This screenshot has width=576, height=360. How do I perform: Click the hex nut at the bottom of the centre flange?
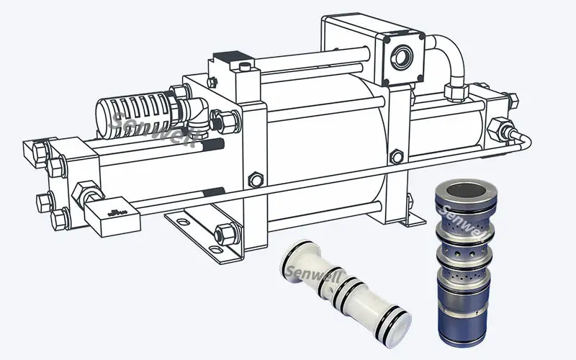226,233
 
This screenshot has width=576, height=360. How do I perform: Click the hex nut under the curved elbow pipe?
455,91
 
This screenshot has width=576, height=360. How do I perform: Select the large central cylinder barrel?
324,144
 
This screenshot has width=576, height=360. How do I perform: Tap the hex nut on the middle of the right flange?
395,156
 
